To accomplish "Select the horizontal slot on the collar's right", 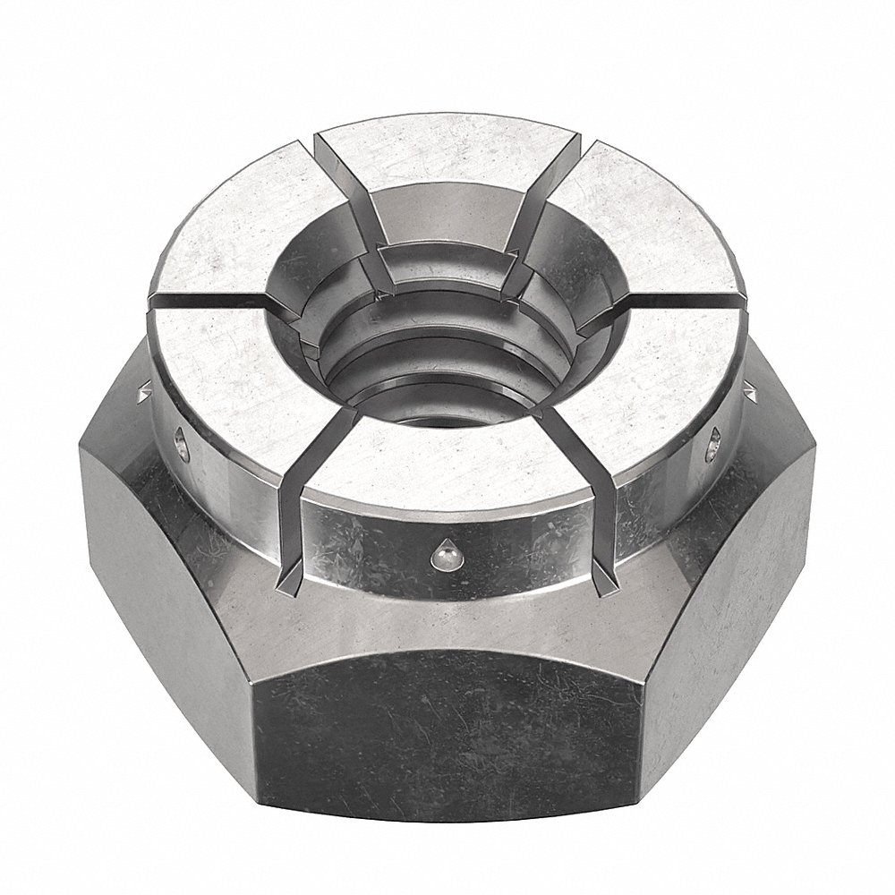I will [x=680, y=304].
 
